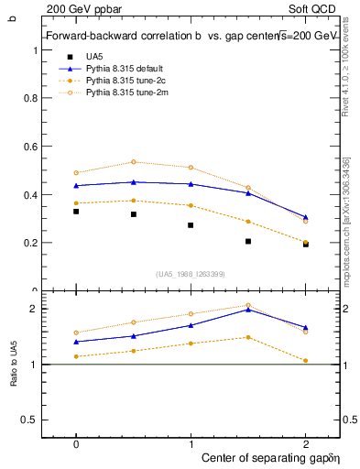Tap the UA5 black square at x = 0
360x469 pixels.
[76, 212]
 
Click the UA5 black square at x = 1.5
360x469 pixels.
[248, 242]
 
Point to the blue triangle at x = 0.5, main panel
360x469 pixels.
[134, 182]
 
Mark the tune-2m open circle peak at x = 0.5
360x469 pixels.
[134, 162]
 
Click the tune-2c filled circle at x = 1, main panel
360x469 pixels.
[191, 205]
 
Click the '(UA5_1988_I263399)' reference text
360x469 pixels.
[191, 273]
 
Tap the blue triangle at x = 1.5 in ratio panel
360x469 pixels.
[248, 310]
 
